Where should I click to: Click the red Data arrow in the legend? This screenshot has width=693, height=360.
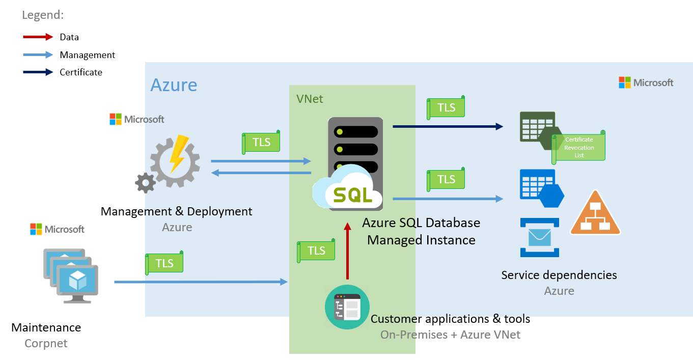pos(38,37)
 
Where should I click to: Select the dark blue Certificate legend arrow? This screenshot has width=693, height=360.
pos(38,72)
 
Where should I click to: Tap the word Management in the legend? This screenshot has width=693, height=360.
pos(87,54)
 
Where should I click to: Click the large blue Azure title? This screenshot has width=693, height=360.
pos(174,85)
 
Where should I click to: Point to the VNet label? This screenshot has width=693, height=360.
pos(310,99)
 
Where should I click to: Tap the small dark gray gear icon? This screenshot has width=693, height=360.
pos(145,182)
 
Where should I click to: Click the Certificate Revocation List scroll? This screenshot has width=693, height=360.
pos(579,147)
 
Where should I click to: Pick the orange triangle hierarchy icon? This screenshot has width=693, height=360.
pos(595,214)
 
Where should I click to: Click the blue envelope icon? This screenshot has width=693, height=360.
pos(539,237)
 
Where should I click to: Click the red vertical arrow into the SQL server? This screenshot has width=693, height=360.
pos(347,252)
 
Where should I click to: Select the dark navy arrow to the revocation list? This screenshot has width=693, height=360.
pos(448,126)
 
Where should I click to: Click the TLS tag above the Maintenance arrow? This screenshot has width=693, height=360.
pos(164,263)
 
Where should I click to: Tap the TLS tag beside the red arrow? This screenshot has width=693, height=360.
pos(316,251)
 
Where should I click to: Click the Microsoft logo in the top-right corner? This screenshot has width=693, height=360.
pos(646,82)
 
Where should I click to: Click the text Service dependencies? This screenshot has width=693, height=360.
pos(559,275)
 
